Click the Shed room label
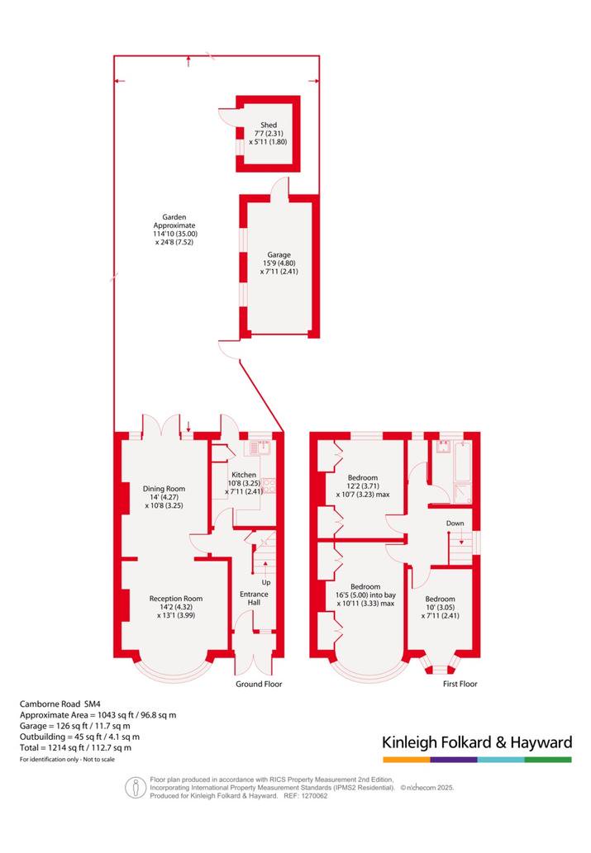point(269,126)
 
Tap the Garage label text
point(279,254)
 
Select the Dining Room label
point(164,489)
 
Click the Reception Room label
point(176,599)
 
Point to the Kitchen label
point(244,475)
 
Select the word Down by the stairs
point(455,524)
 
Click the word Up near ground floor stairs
point(266,582)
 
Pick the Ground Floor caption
point(259,684)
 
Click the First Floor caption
point(460,684)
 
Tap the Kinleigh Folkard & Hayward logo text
point(477,742)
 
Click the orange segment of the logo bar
point(407,760)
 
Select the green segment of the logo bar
point(549,760)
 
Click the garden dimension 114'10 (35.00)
point(175,234)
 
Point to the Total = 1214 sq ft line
point(76,747)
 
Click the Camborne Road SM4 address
point(60,704)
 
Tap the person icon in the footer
point(136,788)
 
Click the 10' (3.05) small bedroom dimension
point(440,607)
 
